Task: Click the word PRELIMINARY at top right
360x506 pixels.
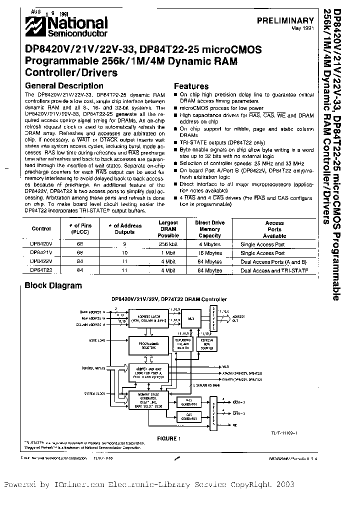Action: pos(285,21)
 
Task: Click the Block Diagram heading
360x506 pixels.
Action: pos(53,285)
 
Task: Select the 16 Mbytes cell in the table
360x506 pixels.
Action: pos(209,253)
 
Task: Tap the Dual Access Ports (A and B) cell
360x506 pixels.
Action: pos(274,261)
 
